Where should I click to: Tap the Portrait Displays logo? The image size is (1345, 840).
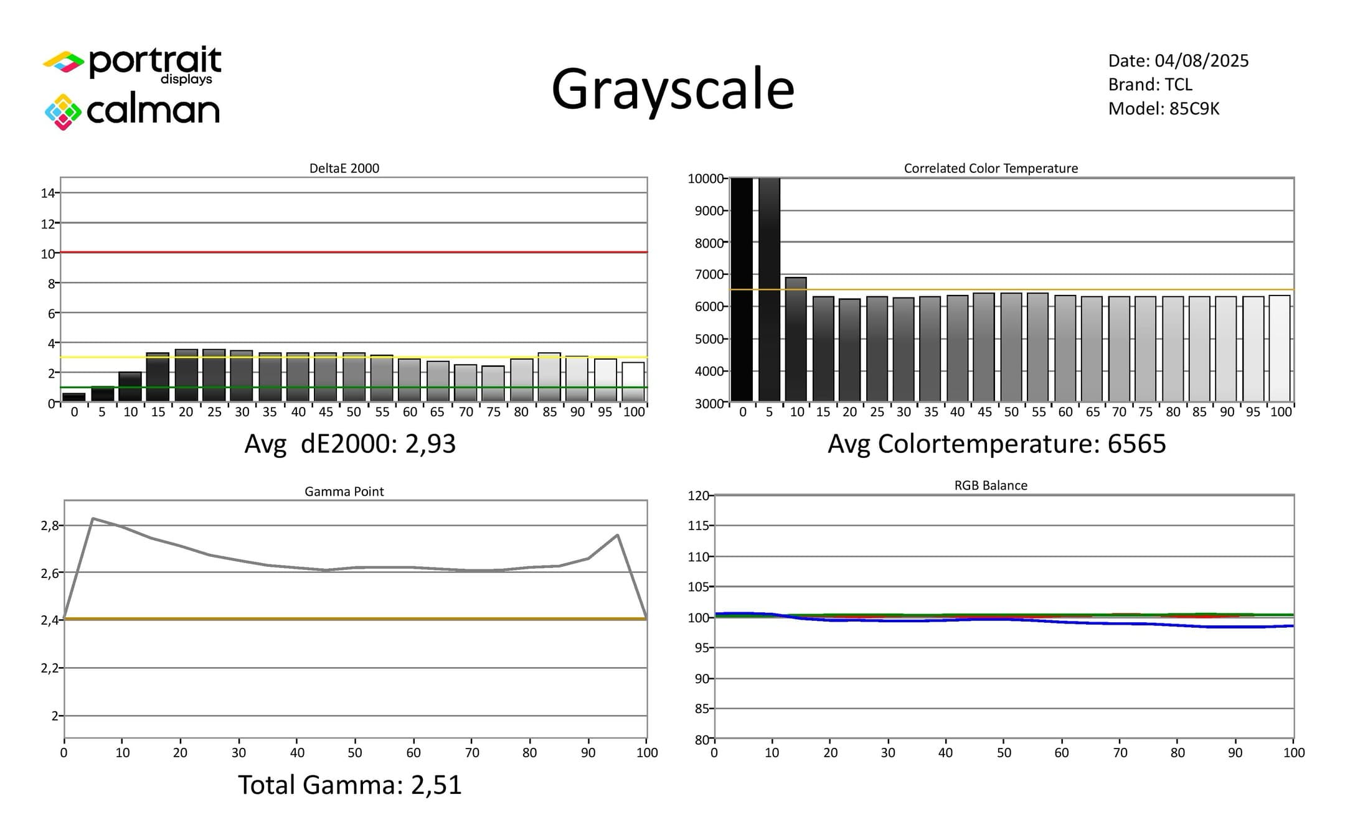[x=132, y=65]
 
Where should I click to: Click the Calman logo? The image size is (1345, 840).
[x=132, y=111]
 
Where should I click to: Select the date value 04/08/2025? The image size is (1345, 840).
[x=1202, y=60]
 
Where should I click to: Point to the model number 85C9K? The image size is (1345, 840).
[x=1194, y=108]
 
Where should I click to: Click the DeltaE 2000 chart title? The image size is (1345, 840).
[x=344, y=168]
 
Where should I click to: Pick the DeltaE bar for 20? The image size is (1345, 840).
[x=186, y=375]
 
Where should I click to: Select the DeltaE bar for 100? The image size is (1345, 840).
[x=633, y=382]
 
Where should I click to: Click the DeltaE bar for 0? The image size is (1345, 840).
[x=74, y=397]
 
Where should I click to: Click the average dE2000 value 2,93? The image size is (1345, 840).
[x=430, y=444]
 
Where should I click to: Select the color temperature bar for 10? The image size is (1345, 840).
[x=796, y=339]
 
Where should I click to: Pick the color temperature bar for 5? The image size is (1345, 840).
[x=769, y=290]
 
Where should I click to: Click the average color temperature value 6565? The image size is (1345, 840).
[x=1136, y=444]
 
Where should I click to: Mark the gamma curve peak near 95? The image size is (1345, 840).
[x=617, y=534]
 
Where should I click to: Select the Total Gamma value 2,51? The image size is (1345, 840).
[x=437, y=785]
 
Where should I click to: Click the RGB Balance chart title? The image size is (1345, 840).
[x=991, y=485]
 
